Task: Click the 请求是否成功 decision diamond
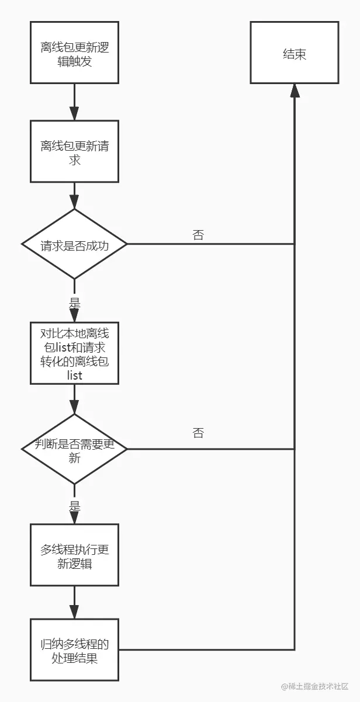click(74, 245)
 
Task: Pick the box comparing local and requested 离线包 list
click(74, 355)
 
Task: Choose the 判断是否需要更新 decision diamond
click(74, 450)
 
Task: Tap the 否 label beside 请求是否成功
click(198, 235)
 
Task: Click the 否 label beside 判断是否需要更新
click(198, 433)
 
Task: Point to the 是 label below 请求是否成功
click(74, 303)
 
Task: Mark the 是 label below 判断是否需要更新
click(74, 506)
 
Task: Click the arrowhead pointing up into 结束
click(295, 90)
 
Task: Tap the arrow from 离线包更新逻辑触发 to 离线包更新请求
click(74, 103)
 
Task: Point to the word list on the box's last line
click(74, 375)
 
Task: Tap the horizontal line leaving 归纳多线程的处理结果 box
click(205, 649)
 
